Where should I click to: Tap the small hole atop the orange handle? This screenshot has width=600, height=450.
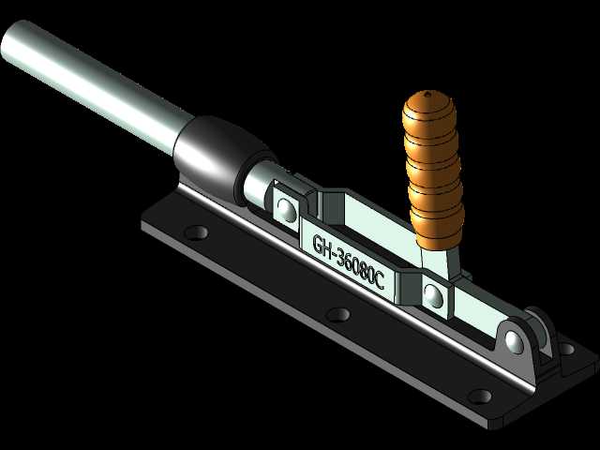pos(427,92)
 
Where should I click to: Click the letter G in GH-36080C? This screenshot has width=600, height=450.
pos(318,243)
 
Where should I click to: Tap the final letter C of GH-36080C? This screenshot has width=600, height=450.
pos(379,282)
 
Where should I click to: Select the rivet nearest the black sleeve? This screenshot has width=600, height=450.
pos(286,210)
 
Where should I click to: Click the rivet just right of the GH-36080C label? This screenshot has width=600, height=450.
pos(434,295)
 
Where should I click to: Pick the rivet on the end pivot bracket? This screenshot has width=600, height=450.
pos(514,340)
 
